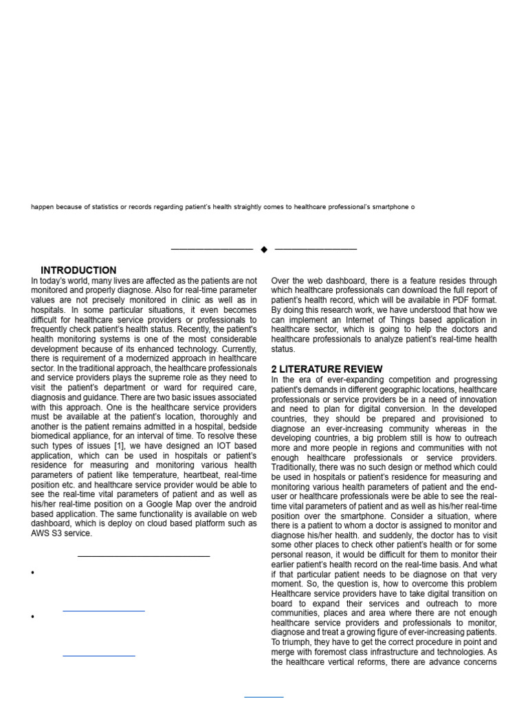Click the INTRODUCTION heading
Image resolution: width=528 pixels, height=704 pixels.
click(x=78, y=270)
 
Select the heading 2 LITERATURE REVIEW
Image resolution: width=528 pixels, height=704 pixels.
click(x=327, y=369)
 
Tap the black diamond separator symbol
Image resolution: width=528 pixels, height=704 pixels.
click(x=264, y=250)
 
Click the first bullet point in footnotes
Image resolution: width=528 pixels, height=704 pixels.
click(x=33, y=573)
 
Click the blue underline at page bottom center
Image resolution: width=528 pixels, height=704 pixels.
click(x=264, y=696)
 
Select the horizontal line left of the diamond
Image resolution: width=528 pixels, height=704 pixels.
click(x=212, y=249)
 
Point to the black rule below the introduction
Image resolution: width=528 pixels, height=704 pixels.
click(x=144, y=555)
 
